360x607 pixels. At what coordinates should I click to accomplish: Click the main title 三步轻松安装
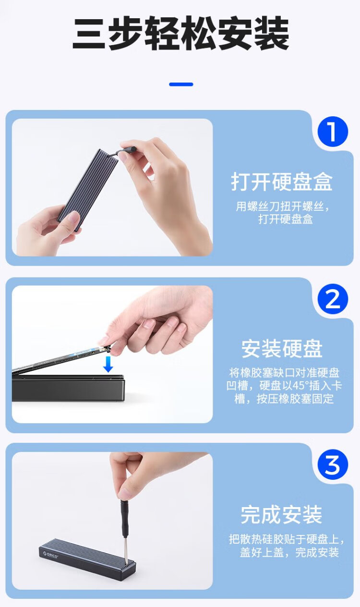click(180, 33)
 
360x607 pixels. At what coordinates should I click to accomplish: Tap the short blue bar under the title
click(181, 84)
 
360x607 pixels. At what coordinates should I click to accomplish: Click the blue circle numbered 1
click(333, 132)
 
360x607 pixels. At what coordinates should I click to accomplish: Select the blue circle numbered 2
click(333, 299)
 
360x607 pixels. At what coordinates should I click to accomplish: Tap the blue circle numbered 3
click(333, 464)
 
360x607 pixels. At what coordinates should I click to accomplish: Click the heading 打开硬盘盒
click(282, 182)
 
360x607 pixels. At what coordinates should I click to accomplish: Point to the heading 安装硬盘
click(282, 349)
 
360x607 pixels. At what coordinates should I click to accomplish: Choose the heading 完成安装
click(281, 514)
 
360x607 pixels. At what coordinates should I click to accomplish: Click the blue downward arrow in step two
click(108, 364)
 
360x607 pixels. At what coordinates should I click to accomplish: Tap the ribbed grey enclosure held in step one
click(88, 189)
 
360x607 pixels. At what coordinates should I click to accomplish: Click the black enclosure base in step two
click(68, 388)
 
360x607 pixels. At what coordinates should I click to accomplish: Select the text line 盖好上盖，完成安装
click(289, 552)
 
